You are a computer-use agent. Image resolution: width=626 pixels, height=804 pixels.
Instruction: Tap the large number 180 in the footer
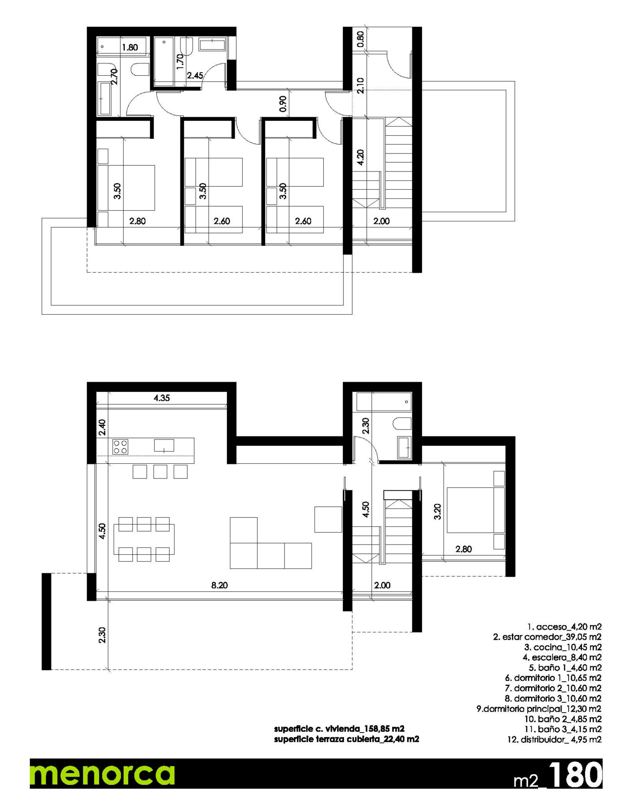click(575, 775)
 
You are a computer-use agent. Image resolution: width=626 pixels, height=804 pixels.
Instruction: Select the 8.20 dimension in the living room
click(219, 585)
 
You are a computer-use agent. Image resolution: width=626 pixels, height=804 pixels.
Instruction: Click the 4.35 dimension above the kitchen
click(161, 398)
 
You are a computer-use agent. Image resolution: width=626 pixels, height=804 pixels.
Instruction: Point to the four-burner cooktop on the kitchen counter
click(120, 447)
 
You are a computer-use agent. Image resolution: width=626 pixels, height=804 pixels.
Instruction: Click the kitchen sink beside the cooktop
click(164, 445)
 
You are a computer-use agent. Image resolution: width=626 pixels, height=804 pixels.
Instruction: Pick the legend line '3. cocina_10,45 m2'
click(562, 647)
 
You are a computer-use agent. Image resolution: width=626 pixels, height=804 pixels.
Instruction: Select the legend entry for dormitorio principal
click(538, 709)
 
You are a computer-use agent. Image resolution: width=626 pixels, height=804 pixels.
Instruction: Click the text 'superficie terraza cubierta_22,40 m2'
click(346, 739)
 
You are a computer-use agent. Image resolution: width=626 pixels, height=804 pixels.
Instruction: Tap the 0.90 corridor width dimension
click(283, 104)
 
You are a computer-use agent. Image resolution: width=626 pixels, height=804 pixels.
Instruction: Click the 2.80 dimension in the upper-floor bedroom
click(137, 221)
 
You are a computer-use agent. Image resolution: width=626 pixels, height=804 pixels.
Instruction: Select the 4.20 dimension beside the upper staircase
click(360, 157)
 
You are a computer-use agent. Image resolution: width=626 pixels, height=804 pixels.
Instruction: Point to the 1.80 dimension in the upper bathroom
click(130, 47)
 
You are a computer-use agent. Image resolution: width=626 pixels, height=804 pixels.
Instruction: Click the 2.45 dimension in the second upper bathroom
click(195, 76)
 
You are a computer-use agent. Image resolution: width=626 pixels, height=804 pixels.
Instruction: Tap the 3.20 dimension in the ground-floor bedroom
click(438, 511)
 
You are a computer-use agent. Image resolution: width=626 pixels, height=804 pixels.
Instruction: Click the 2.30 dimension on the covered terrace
click(102, 634)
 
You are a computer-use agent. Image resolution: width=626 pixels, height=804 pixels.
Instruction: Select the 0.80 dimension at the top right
click(360, 39)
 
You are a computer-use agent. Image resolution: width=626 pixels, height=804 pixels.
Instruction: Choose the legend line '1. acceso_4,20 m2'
click(564, 627)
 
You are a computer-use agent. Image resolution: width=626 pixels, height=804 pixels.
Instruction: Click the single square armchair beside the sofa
click(328, 520)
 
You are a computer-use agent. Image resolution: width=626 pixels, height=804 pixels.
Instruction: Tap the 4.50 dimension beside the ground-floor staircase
click(365, 509)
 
